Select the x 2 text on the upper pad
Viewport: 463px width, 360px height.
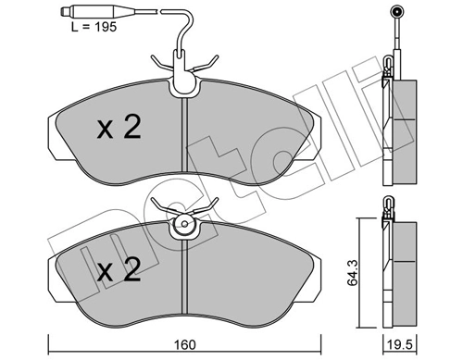(119, 129)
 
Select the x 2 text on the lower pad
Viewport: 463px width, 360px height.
(119, 271)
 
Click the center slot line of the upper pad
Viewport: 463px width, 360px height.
(187, 139)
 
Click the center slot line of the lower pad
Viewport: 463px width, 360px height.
(187, 278)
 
